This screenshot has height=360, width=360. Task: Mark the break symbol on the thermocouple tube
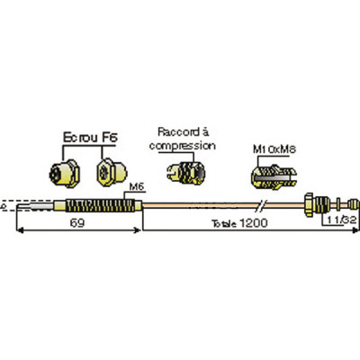262,202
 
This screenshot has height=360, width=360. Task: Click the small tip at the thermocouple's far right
347,202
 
